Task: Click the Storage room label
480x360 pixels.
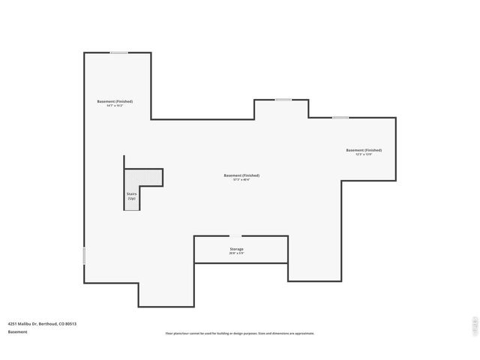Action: [236, 248]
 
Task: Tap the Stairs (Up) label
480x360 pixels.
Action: [131, 195]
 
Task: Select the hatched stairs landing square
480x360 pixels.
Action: [143, 178]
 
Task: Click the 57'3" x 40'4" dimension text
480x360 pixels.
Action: [241, 180]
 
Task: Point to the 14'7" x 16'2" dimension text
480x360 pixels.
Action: [114, 106]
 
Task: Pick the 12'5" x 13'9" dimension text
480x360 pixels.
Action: [364, 154]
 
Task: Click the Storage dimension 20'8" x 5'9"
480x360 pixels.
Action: [236, 253]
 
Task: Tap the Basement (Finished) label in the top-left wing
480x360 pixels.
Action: [115, 101]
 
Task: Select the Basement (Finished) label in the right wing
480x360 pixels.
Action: [364, 150]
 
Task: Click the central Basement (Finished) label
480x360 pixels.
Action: [241, 175]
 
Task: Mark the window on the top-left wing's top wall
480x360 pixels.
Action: [119, 52]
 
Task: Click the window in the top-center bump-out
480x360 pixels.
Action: [283, 100]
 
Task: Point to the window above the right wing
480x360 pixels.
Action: [340, 117]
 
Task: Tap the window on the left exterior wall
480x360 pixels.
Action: [84, 256]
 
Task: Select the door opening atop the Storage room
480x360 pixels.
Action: [235, 236]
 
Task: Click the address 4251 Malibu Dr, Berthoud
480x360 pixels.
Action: [42, 324]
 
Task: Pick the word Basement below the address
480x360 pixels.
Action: [17, 331]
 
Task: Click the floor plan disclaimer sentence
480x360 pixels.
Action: [240, 333]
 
